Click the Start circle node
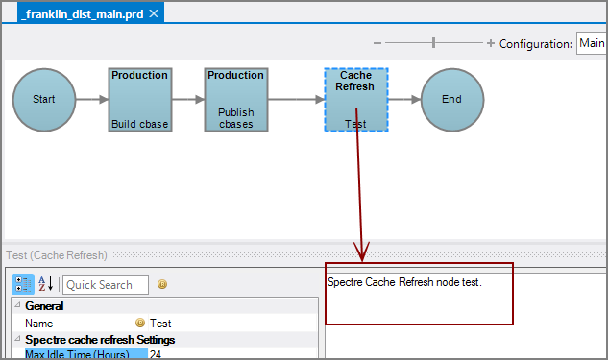(44, 99)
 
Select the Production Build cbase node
(139, 99)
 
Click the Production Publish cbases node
(235, 99)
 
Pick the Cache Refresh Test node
(355, 99)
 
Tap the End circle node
(451, 99)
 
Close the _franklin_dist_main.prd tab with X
(153, 13)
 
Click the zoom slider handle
(434, 43)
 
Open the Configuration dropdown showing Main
(590, 43)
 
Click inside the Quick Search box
(105, 284)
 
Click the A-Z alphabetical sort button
(44, 284)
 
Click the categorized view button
(23, 284)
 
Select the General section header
(44, 306)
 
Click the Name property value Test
(160, 324)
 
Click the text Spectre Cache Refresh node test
(403, 283)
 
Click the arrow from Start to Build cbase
(92, 99)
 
